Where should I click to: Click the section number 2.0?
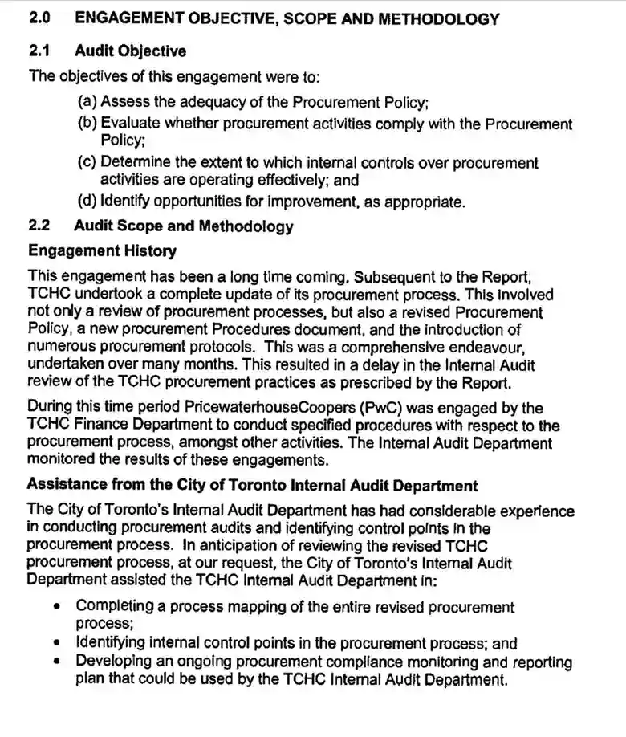[40, 18]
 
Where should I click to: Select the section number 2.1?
[39, 51]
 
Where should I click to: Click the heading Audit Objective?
[130, 51]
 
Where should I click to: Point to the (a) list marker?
[87, 102]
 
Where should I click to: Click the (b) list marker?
[87, 124]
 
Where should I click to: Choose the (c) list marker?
[87, 163]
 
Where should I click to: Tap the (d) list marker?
[87, 202]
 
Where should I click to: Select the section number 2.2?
[39, 226]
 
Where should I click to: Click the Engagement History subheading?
[102, 251]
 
